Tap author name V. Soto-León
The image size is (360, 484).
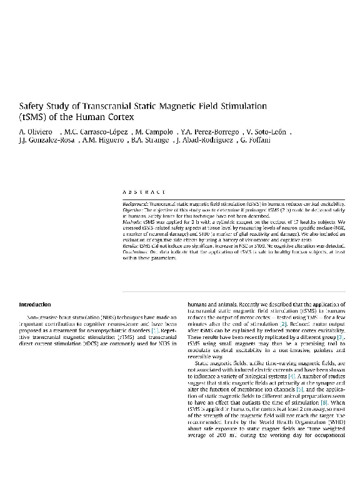[266, 132]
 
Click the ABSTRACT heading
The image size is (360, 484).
[144, 192]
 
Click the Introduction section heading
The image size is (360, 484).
[35, 305]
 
